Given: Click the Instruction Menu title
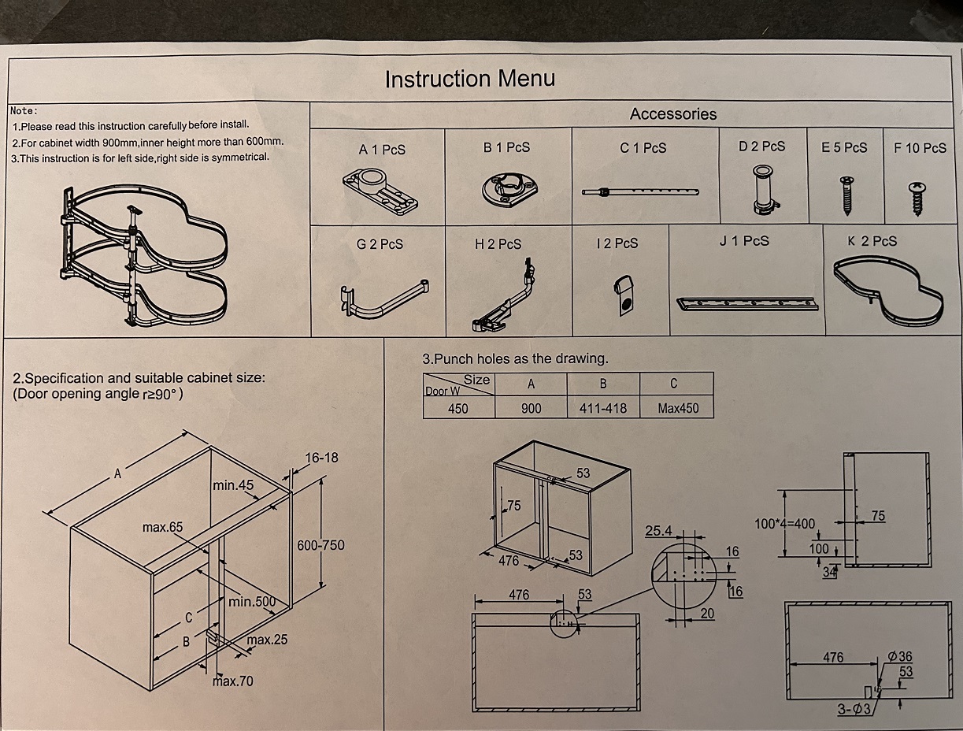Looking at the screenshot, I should (x=469, y=79).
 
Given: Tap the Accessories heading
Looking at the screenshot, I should (x=673, y=114).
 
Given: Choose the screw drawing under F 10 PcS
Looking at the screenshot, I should (x=917, y=197).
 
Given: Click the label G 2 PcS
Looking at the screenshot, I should (x=380, y=244).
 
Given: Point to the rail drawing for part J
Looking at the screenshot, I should (x=746, y=302).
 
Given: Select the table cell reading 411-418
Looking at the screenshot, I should (x=603, y=408).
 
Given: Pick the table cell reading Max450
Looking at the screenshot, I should (x=676, y=408).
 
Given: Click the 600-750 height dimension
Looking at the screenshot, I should (x=320, y=545).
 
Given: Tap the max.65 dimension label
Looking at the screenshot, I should (x=162, y=526).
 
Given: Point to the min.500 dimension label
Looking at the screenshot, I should (x=252, y=603).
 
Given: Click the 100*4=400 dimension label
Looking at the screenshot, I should (x=785, y=523).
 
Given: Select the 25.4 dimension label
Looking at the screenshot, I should (x=658, y=531).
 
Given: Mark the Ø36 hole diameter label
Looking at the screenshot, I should (x=899, y=656).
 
